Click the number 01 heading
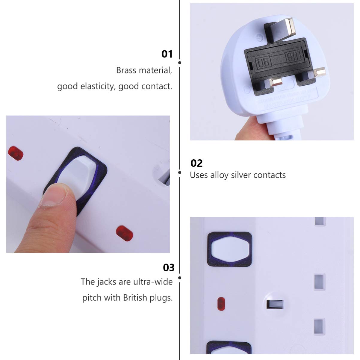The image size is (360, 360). [x=167, y=54]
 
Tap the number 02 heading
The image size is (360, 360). [x=196, y=163]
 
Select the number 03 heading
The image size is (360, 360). [x=169, y=267]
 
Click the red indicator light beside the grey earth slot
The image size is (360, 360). [x=221, y=304]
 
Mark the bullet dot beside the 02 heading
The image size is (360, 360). [x=180, y=173]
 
